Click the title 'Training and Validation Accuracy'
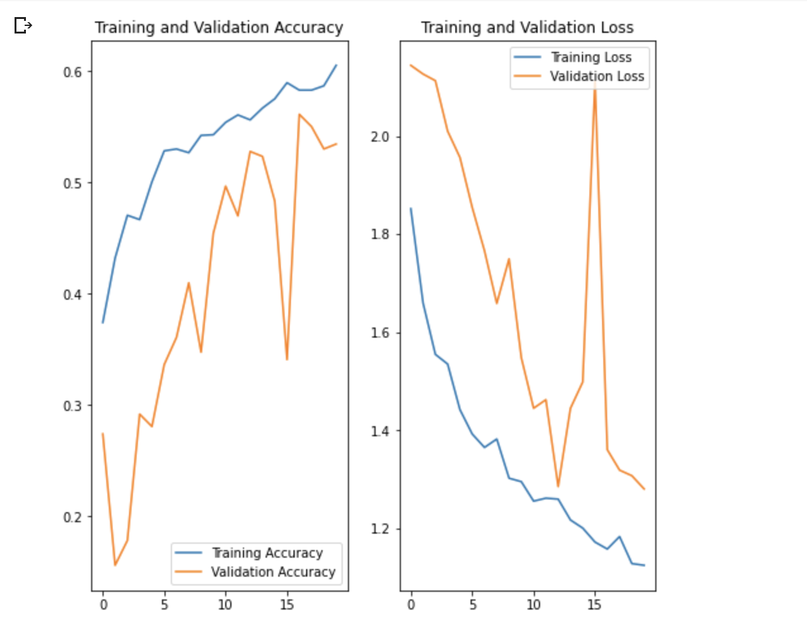point(219,28)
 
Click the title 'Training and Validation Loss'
point(527,28)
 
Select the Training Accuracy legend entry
point(267,553)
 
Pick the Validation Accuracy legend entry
point(273,572)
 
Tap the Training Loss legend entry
point(591,58)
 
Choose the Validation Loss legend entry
point(596,77)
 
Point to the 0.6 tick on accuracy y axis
point(73,72)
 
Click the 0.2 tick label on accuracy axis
point(73,517)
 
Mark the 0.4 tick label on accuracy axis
point(73,295)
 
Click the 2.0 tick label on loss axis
point(380,137)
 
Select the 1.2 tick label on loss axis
point(380,529)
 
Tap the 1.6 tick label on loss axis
point(380,333)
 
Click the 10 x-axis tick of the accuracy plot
point(225,605)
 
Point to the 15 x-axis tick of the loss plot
point(594,605)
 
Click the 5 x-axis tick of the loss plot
point(472,605)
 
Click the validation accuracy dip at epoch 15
point(287,359)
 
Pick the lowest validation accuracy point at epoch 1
point(115,565)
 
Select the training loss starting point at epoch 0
point(411,209)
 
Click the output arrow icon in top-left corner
point(23,25)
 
